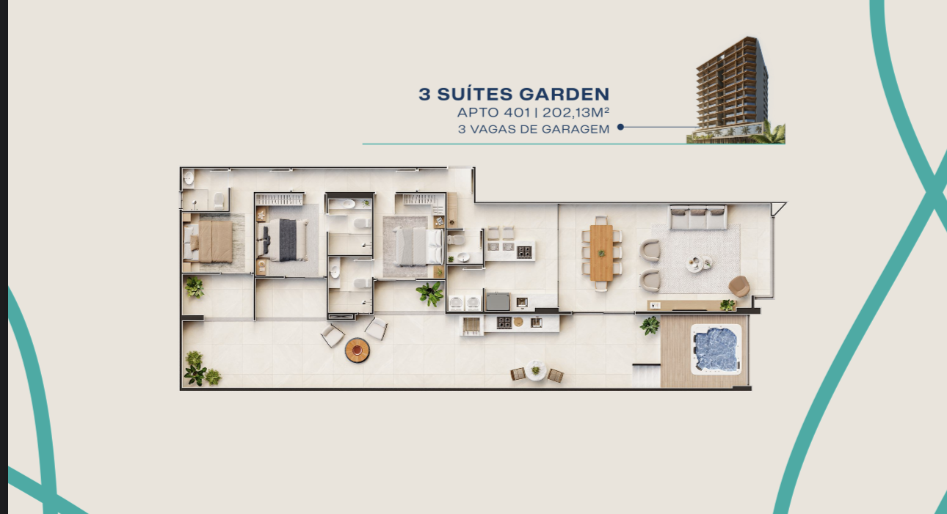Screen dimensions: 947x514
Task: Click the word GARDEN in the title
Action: (564, 94)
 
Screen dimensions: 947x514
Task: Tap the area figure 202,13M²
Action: (576, 112)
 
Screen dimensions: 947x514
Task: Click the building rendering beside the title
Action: (736, 90)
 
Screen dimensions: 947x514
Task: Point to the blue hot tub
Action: (716, 349)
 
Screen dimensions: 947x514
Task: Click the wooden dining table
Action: (601, 252)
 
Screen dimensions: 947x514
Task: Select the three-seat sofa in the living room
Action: (698, 217)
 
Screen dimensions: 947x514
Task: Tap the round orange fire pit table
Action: (358, 350)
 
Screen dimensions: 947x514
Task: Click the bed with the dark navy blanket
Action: (283, 240)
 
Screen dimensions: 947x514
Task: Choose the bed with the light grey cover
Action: (417, 246)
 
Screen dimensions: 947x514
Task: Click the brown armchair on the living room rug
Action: (739, 286)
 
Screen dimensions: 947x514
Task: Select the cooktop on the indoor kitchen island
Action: (524, 252)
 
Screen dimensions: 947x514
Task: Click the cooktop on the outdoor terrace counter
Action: (504, 323)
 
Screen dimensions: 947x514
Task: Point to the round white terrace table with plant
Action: (536, 371)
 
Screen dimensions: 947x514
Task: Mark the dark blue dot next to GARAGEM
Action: (620, 127)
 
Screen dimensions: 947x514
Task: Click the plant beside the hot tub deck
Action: (650, 326)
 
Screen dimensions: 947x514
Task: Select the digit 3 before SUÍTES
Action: (424, 94)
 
